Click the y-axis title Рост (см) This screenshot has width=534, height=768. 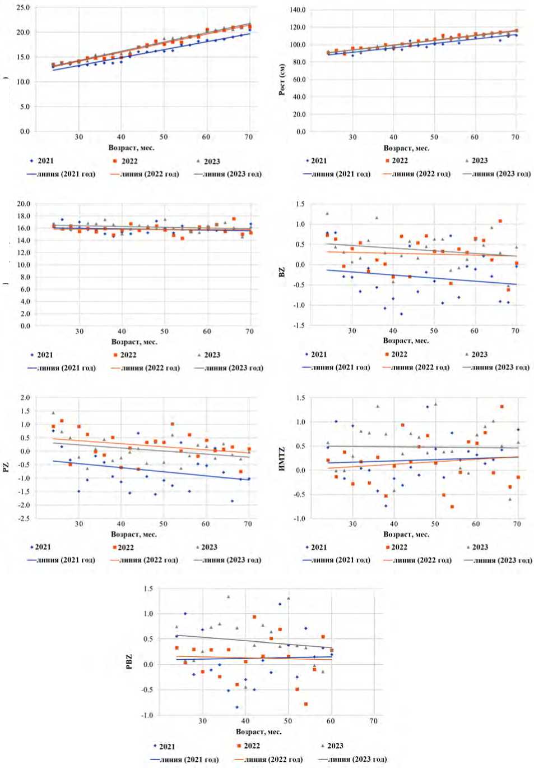click(282, 79)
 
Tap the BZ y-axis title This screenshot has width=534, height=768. click(282, 272)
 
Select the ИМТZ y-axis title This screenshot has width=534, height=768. click(282, 458)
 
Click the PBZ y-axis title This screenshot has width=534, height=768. click(130, 661)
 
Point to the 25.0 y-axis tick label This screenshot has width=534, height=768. click(23, 8)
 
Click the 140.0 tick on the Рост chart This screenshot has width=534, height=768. click(298, 10)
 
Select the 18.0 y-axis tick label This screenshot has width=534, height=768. click(24, 216)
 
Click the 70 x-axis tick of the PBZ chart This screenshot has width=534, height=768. click(373, 721)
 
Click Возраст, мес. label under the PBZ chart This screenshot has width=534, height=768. click(258, 732)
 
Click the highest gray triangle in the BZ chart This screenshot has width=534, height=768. click(327, 214)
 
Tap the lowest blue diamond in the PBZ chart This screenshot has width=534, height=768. click(237, 707)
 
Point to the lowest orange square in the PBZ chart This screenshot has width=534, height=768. click(306, 704)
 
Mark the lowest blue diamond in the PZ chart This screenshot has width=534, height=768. click(232, 501)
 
